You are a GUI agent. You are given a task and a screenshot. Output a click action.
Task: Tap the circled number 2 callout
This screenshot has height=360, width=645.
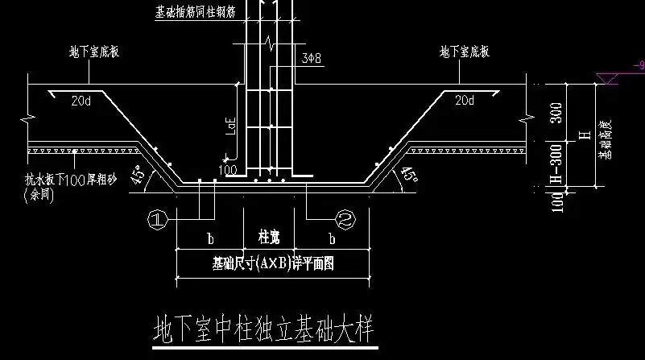[344, 217]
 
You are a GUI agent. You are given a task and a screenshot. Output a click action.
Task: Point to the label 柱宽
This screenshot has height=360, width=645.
[269, 239]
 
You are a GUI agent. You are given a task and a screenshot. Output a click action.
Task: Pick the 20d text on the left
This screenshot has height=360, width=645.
[81, 101]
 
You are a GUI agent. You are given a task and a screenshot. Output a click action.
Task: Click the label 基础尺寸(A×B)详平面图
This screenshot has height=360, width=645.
[273, 263]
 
